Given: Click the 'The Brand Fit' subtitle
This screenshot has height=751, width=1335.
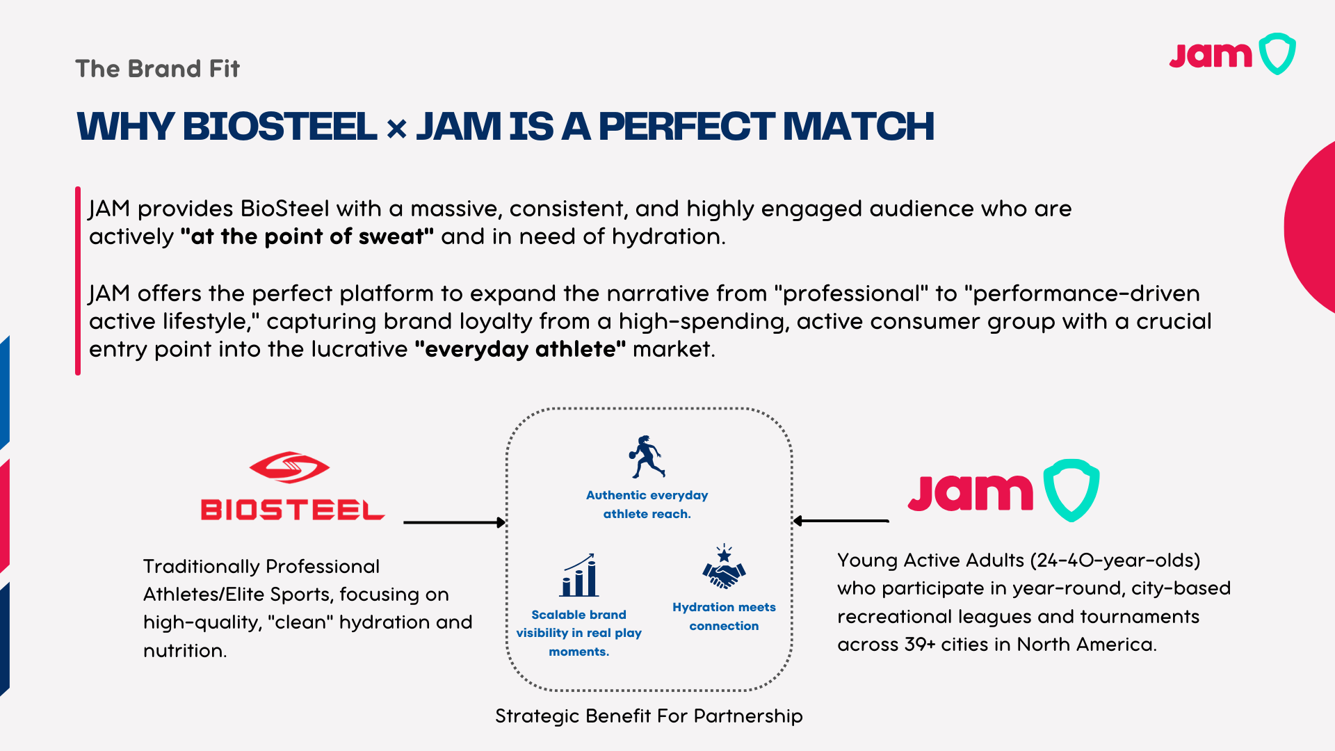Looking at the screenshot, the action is pyautogui.click(x=157, y=69).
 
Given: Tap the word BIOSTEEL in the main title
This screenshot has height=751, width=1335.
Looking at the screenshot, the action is pyautogui.click(x=280, y=127).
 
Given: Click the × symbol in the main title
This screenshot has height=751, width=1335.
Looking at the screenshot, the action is pyautogui.click(x=396, y=129).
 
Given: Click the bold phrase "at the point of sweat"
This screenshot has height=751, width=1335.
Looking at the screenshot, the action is pyautogui.click(x=307, y=236).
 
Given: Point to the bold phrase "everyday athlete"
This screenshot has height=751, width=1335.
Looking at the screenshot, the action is pyautogui.click(x=520, y=349).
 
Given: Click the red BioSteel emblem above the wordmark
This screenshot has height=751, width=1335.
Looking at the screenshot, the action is pyautogui.click(x=289, y=467).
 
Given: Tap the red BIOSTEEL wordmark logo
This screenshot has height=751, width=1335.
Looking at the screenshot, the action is pyautogui.click(x=292, y=510).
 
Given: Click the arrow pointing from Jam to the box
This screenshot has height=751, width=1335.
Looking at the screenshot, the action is pyautogui.click(x=841, y=521).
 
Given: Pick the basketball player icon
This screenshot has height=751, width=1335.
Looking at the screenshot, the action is pyautogui.click(x=647, y=457).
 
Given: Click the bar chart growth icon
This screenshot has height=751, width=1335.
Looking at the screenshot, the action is pyautogui.click(x=579, y=575).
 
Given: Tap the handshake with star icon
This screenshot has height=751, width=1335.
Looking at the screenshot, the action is pyautogui.click(x=724, y=567).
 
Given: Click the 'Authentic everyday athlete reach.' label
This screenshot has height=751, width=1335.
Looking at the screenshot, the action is pyautogui.click(x=647, y=504).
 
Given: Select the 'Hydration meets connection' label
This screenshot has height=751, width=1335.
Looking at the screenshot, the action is pyautogui.click(x=724, y=616).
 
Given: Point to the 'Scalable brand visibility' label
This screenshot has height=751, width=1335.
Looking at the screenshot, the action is pyautogui.click(x=578, y=633).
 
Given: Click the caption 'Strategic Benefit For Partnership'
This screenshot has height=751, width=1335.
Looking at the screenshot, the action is pyautogui.click(x=649, y=716).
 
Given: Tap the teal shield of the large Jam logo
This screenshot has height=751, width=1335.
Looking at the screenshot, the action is pyautogui.click(x=1071, y=490).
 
